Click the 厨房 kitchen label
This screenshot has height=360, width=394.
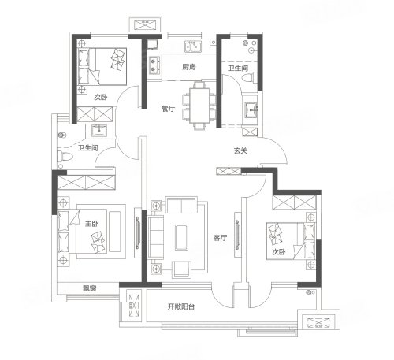(x=189, y=67)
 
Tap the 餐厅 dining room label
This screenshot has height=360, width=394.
(x=169, y=109)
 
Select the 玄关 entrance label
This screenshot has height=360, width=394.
(x=240, y=150)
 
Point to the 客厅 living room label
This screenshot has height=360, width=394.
(x=220, y=238)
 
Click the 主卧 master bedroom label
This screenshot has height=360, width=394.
(x=91, y=224)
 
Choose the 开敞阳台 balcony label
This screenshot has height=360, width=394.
(x=181, y=306)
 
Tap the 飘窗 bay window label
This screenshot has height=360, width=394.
(x=90, y=288)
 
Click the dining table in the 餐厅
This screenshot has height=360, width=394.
(x=199, y=106)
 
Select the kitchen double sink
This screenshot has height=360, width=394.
(x=193, y=46)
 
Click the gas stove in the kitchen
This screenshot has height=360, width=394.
(x=154, y=65)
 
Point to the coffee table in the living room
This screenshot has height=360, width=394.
(x=181, y=237)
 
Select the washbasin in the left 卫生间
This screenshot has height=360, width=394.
(x=99, y=130)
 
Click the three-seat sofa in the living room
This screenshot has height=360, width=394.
(x=156, y=237)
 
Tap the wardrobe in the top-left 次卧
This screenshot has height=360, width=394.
(x=95, y=114)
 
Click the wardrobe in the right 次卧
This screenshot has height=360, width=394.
(x=295, y=202)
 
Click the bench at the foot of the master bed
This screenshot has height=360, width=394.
(x=115, y=232)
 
